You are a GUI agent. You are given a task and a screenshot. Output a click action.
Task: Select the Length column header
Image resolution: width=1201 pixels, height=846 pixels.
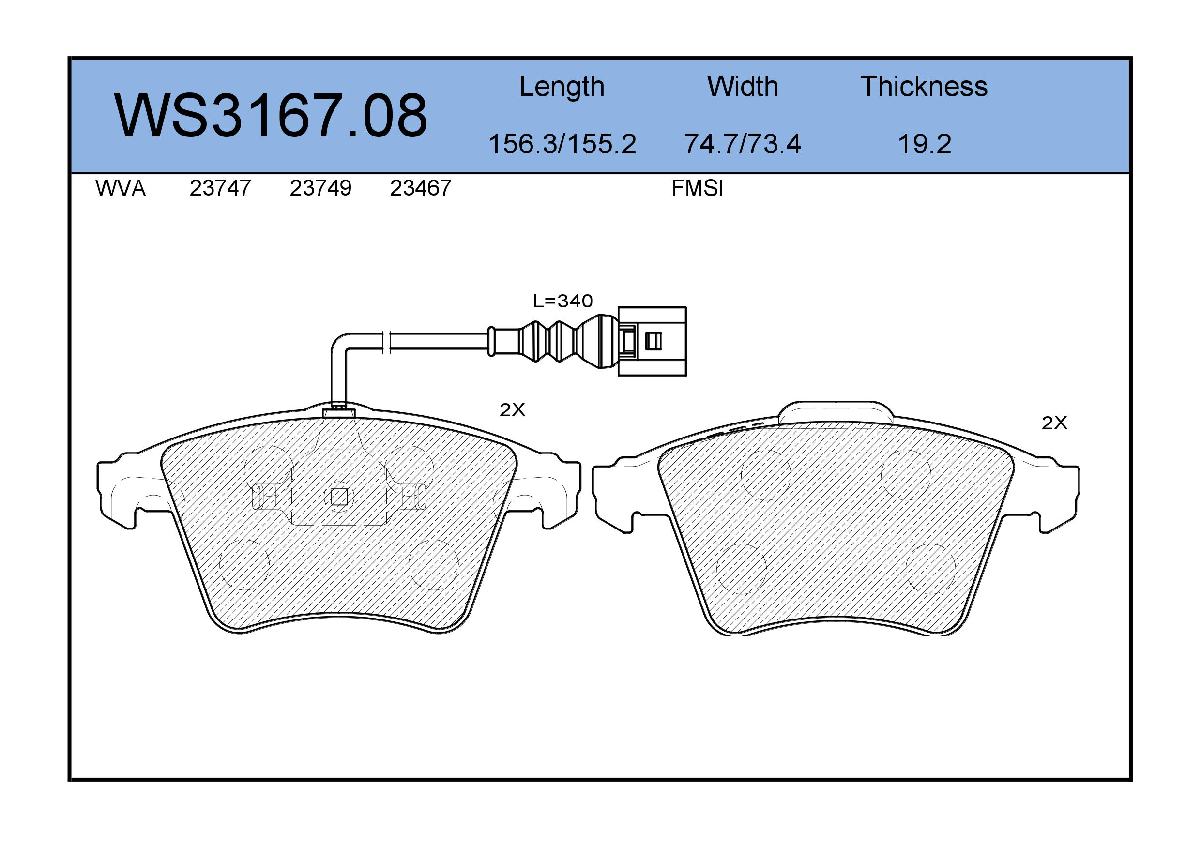562,87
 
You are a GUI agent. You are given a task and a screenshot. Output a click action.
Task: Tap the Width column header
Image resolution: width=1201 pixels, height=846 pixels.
743,86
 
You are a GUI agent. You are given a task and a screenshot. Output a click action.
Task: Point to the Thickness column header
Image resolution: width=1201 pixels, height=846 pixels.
924,86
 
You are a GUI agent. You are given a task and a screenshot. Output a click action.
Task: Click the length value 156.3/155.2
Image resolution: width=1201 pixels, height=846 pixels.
562,144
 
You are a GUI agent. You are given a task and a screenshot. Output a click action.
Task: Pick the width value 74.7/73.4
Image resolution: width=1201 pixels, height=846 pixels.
742,144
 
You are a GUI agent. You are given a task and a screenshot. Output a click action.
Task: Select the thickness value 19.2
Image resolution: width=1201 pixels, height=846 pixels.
924,144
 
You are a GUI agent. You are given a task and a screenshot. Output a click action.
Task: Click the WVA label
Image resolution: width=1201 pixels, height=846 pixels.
121,188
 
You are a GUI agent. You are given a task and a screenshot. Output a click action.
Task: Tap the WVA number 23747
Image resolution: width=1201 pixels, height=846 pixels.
220,188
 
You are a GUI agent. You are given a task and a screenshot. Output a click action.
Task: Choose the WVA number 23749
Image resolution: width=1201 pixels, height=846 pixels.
320,188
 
